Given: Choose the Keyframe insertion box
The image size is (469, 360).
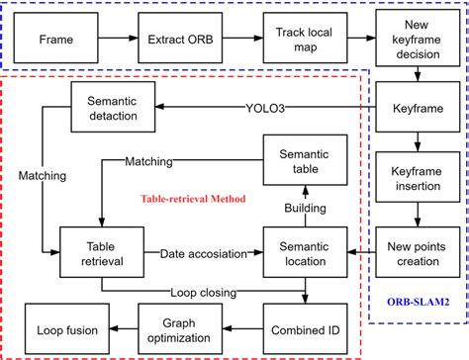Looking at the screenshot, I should (x=415, y=176).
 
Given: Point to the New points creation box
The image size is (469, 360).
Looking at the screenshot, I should (x=415, y=245).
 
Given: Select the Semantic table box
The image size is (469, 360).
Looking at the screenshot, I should (x=301, y=159).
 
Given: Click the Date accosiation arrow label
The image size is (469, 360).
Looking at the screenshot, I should (x=203, y=253).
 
